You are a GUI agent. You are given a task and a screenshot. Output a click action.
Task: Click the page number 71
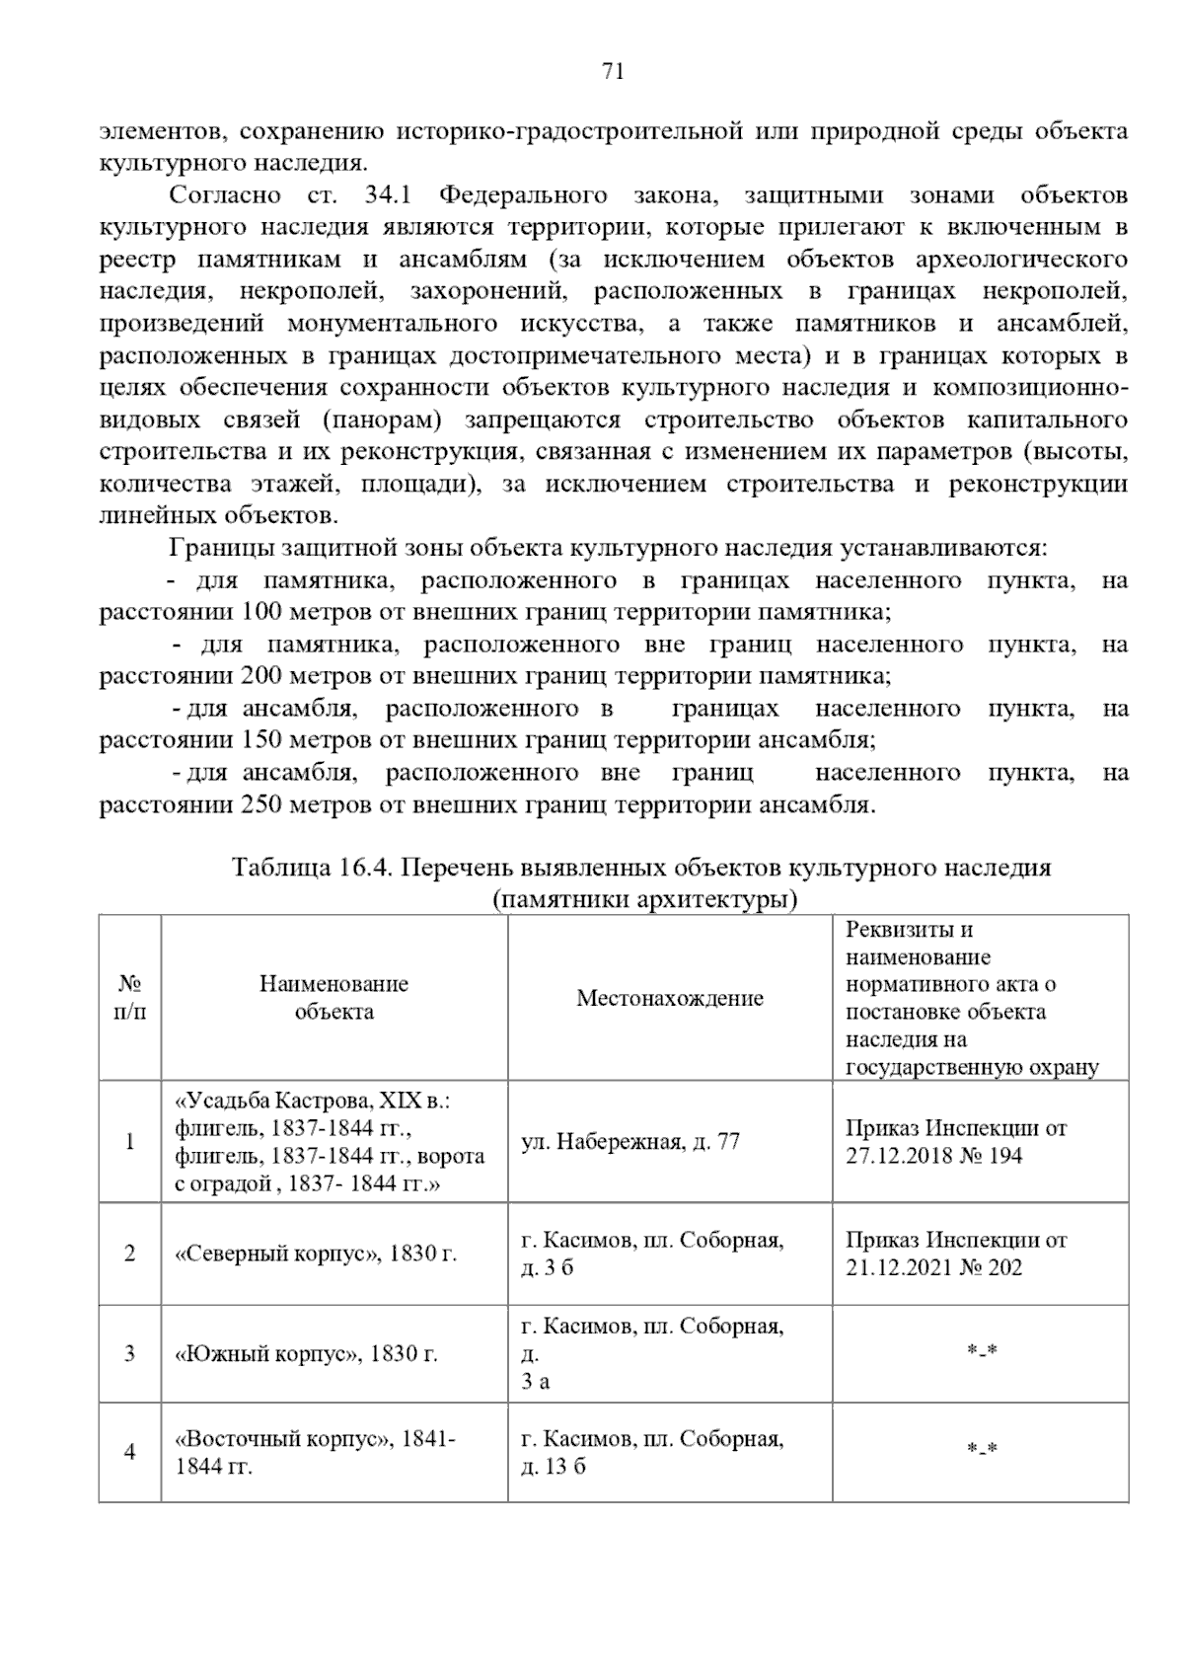612,71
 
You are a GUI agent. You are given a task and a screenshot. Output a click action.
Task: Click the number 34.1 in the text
387,195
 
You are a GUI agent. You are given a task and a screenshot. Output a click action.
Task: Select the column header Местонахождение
669,998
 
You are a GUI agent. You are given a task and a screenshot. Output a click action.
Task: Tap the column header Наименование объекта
333,998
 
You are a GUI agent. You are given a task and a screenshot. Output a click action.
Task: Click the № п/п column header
129,998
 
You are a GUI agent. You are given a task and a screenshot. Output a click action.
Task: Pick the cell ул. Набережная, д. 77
630,1142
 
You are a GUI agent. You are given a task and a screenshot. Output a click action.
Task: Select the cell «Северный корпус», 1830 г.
315,1254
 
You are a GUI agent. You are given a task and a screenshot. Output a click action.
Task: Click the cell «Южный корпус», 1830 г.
305,1353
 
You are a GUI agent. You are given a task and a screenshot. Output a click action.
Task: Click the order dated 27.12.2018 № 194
955,1142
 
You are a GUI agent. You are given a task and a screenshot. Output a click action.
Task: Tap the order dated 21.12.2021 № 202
955,1254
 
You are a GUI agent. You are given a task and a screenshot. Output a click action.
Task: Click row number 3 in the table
129,1353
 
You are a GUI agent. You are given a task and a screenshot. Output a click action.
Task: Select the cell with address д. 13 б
553,1467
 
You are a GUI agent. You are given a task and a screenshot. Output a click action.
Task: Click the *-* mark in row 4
981,1450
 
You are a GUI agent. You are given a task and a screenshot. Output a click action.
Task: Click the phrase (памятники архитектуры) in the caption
643,900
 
